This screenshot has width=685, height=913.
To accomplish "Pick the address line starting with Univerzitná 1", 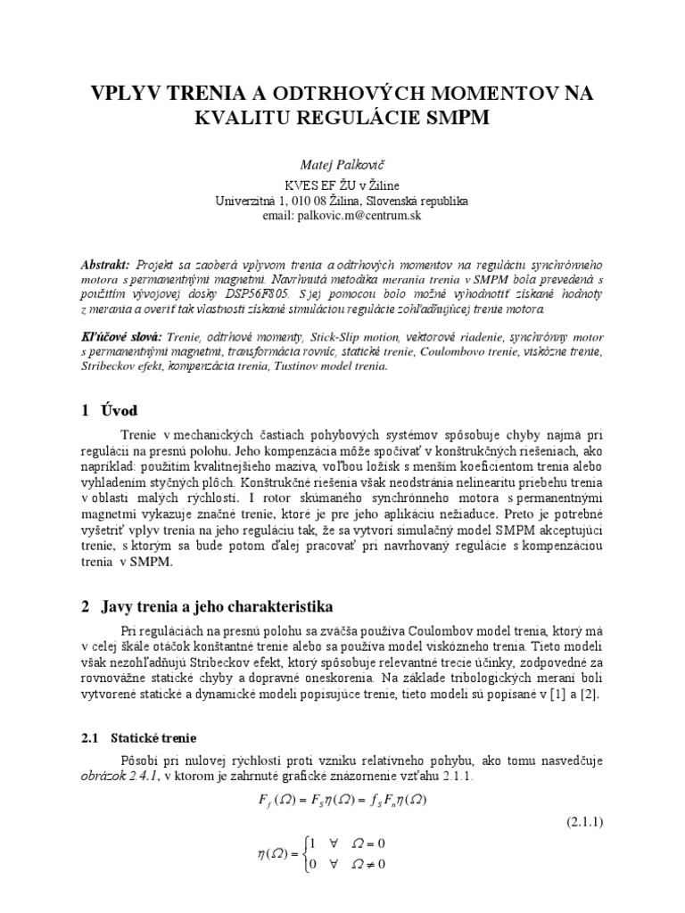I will coord(342,202).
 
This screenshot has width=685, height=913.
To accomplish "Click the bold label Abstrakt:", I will coord(104,266).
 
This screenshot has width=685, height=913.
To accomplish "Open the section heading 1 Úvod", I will coord(110,410).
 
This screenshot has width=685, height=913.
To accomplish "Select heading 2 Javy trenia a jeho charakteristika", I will coord(207,606).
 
